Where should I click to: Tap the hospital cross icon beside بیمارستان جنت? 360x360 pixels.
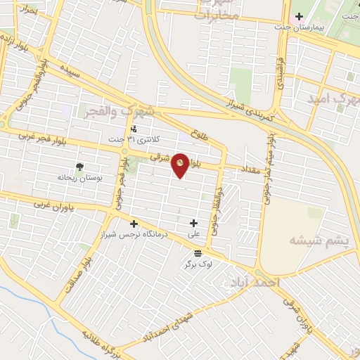click(x=298, y=16)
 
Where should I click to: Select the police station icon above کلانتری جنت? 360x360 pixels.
click(x=134, y=129)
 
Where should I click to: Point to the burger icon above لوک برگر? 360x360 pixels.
click(x=197, y=253)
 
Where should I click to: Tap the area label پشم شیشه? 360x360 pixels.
click(x=319, y=240)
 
